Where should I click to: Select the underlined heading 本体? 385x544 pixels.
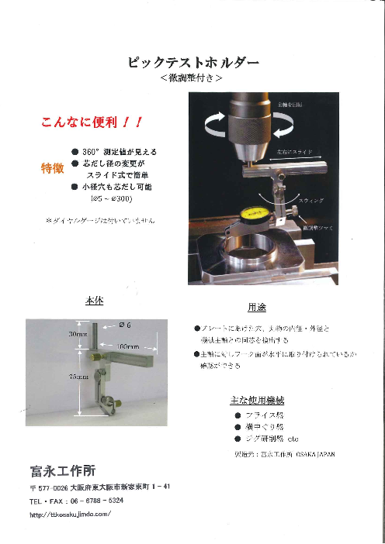coord(93,302)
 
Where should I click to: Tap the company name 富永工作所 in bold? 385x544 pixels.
coord(61,470)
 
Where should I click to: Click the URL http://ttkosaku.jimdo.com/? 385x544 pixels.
coord(71,513)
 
